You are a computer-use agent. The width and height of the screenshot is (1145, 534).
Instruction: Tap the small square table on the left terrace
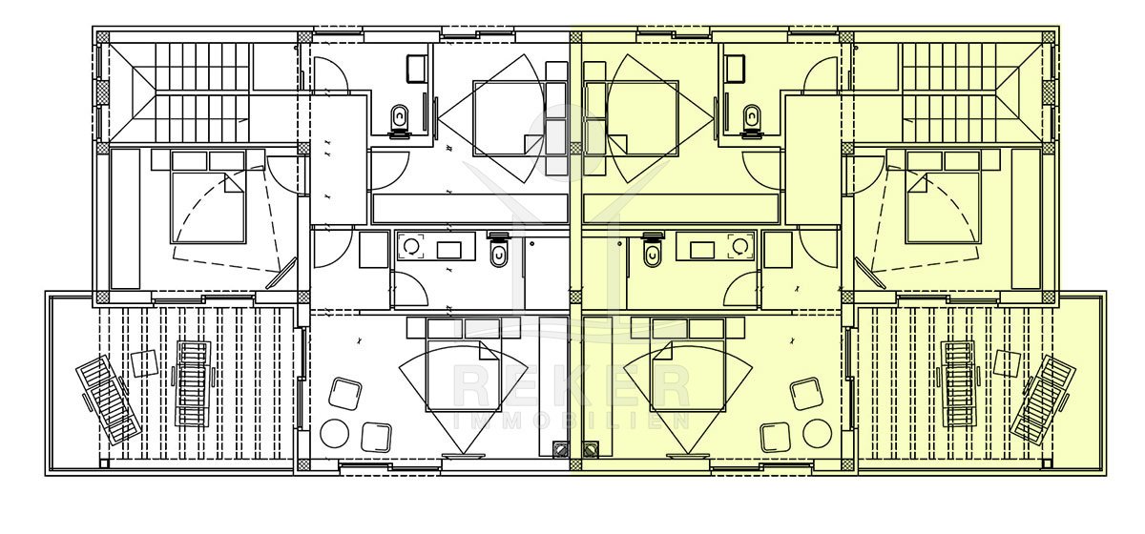pos(144,364)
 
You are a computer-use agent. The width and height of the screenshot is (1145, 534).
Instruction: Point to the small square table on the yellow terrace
pos(1007,364)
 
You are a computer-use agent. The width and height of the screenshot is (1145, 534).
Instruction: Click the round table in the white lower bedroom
pos(334,433)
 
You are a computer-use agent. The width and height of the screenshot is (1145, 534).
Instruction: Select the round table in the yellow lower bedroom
pos(817,433)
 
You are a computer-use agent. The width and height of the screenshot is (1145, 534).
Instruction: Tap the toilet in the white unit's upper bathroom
pos(400,122)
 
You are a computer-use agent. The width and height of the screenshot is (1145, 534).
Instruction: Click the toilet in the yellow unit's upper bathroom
pos(751,122)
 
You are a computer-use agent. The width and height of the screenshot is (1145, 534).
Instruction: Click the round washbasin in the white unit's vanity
pos(411,247)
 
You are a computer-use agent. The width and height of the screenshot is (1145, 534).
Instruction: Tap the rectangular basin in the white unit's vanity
pos(448,250)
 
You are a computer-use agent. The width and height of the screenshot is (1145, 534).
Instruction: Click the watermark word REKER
pos(572,387)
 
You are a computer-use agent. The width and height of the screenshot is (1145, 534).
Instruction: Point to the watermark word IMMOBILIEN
pos(572,421)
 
